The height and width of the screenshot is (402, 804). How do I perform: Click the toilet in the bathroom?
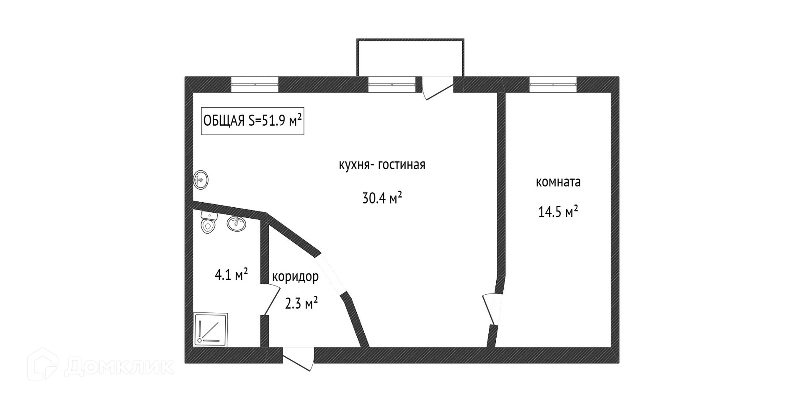coord(208,222)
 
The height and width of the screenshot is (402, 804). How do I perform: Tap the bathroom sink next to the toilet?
coord(237,224)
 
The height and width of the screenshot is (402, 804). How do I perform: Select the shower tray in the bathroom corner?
coord(211,330)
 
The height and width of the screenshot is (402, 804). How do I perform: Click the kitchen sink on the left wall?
coord(201,180)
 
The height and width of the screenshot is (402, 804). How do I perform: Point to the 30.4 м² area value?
coord(382,198)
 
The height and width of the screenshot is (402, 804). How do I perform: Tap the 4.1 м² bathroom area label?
coord(231,275)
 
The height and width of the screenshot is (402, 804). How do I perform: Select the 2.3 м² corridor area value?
coord(301,303)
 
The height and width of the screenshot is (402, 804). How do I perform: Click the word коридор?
coord(295,276)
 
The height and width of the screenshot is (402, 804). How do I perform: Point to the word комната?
coord(558,182)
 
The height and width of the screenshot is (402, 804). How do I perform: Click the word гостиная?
coord(402,165)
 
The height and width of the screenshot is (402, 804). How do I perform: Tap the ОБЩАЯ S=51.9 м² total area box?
coord(253,121)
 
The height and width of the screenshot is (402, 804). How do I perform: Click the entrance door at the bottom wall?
coord(298,359)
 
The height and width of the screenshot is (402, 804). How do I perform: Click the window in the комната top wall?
coord(553,85)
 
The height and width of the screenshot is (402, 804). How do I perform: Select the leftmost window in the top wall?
coord(255,85)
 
